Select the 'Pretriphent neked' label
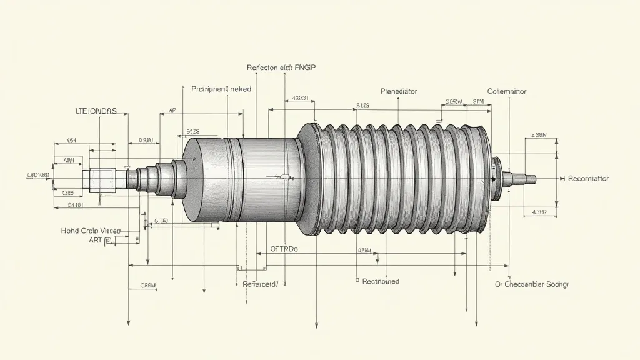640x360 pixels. pos(221,89)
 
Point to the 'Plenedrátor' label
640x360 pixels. pos(399,91)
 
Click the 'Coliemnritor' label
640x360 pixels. pos(506,91)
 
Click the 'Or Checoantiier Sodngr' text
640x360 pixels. pos(531,284)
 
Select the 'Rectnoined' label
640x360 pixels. pos(381,281)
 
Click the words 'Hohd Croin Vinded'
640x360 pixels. pos(91,231)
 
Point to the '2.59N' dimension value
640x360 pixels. pos(538,134)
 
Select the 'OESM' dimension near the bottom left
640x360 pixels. pos(147,286)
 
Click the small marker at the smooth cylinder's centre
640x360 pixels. pos(285,177)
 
